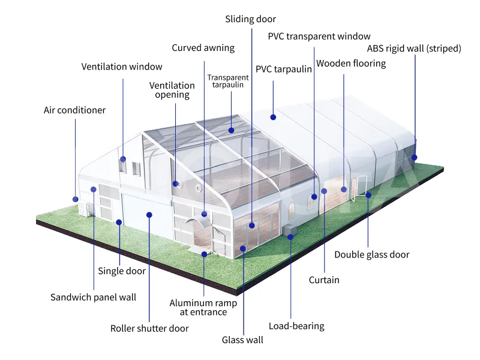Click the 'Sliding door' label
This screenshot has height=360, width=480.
coord(250,19)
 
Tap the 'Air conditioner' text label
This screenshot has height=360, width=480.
coord(74,110)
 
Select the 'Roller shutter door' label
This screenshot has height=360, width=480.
coord(149,328)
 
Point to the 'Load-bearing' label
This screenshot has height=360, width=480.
coord(296,326)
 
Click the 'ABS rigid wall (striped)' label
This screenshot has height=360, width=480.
coord(414,49)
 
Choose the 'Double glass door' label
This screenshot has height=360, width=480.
coord(371,254)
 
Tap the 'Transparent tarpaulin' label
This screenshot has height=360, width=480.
coord(228,81)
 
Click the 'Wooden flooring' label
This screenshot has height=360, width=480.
coord(351,64)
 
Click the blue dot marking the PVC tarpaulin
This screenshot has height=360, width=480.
coord(273,117)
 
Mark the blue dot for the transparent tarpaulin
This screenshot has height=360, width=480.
coord(232,130)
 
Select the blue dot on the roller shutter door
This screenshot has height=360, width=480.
coord(149,215)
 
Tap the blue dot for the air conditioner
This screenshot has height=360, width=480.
coord(76,199)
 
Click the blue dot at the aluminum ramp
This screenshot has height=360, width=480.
coord(204,254)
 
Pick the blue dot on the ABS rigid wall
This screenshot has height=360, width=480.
coord(414,158)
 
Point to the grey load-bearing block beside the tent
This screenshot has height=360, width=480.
coord(289,230)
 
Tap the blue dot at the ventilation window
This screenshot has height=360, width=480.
coord(123,159)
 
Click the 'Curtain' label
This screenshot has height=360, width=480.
coord(324,280)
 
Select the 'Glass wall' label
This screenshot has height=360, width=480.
coord(242,340)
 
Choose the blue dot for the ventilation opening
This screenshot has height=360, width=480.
coord(175,184)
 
